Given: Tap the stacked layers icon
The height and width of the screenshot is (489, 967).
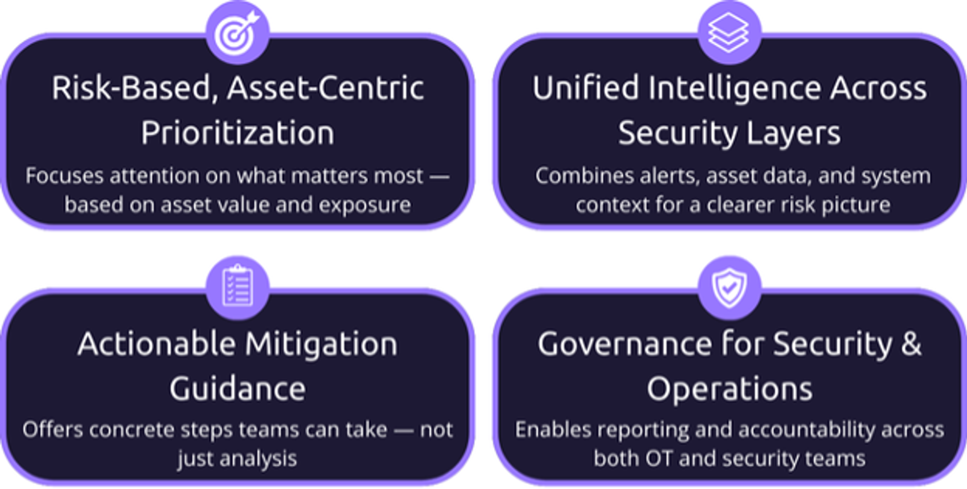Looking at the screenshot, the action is point(729,32).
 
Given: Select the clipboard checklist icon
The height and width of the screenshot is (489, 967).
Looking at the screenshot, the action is point(238,285).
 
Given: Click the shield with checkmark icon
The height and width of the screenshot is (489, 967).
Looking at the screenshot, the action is point(729,287).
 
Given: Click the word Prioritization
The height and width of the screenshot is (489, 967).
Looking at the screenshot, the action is point(237,133).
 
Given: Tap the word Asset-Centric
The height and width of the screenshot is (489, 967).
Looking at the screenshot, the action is point(325,88).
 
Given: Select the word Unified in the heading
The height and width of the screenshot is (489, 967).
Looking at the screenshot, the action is point(587,88).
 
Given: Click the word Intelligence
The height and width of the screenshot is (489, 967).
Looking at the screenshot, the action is point(735,89).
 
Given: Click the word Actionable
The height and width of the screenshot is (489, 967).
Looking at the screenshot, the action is point(157,344).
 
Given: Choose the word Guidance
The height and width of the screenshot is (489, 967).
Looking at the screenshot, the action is point(237,389).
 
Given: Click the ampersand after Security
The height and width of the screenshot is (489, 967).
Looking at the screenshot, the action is point(911,345).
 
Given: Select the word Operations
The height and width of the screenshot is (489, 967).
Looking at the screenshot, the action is point(730,389).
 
